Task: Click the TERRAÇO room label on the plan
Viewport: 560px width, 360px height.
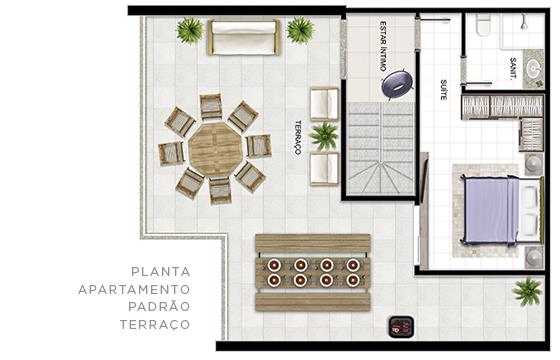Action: (x=298, y=138)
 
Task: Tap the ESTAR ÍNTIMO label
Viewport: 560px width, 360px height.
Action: (x=383, y=46)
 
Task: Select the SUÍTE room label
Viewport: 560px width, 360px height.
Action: (x=443, y=90)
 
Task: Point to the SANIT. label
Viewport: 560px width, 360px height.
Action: (x=513, y=68)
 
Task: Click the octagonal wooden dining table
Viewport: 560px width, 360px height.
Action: (x=216, y=150)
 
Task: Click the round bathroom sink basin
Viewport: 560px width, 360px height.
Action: (x=534, y=68)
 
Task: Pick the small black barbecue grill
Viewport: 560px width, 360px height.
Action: (x=401, y=326)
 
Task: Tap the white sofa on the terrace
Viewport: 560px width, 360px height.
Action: (x=244, y=38)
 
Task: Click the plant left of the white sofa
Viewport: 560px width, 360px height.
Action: (x=190, y=30)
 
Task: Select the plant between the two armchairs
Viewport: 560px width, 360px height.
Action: (x=324, y=135)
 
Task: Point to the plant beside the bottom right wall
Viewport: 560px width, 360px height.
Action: (x=528, y=292)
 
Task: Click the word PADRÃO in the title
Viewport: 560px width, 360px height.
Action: (x=159, y=306)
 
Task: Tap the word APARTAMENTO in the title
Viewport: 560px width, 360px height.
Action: (x=134, y=289)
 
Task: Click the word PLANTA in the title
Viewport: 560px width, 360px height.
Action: (x=161, y=272)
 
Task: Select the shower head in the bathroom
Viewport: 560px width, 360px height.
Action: (x=524, y=21)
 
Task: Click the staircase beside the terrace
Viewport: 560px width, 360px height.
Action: (x=381, y=148)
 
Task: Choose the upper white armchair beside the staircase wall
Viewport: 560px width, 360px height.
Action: (x=324, y=104)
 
